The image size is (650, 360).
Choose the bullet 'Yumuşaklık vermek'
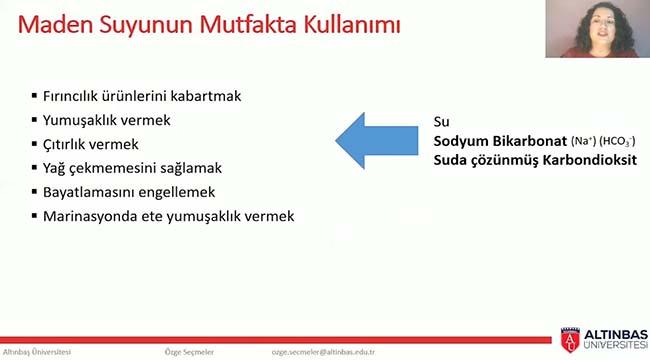(107, 120)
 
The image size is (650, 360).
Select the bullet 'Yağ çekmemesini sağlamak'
(125, 168)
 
